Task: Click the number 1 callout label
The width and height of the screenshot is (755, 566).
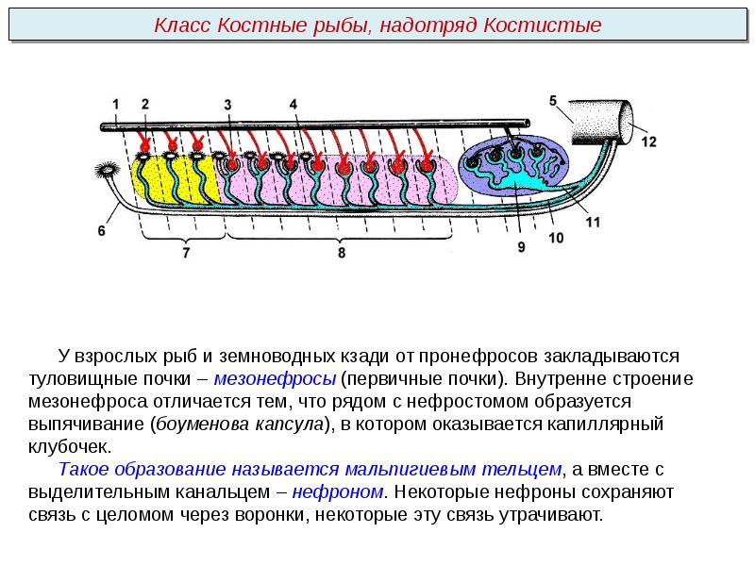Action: pos(115,104)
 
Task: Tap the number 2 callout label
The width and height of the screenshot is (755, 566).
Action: pos(144,104)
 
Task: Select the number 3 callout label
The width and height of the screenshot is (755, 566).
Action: pos(228,104)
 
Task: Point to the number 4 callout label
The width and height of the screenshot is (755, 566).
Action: pos(293,104)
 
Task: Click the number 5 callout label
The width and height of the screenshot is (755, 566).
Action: pos(553,101)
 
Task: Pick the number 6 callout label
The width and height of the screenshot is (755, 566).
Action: pos(102,229)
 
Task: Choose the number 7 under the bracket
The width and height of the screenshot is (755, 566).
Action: pos(186,253)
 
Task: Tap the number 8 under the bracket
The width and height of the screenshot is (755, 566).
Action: pos(341,253)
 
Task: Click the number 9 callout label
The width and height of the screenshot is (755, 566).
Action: pos(520,247)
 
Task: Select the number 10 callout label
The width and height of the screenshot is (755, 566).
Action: pos(556,239)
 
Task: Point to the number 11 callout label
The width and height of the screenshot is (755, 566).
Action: pos(593,223)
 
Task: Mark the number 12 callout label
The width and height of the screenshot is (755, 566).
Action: pos(647,141)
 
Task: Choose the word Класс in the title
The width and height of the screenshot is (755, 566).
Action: pos(183,25)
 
